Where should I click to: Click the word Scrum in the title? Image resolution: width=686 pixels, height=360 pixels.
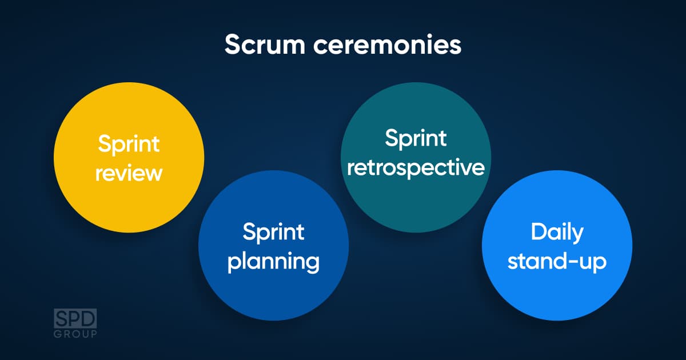[x=265, y=45]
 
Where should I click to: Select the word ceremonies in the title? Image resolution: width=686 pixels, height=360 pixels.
[x=387, y=45]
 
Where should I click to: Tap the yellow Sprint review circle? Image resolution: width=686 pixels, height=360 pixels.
[x=129, y=157]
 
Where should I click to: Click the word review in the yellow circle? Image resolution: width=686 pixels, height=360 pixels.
[x=129, y=174]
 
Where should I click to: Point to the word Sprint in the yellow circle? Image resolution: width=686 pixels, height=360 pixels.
[x=129, y=145]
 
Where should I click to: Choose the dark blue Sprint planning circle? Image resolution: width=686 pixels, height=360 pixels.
[x=273, y=246]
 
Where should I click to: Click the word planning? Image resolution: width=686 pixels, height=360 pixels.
[x=273, y=262]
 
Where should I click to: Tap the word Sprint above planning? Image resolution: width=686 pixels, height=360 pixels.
[x=273, y=233]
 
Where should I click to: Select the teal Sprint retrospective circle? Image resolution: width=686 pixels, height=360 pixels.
[x=416, y=157]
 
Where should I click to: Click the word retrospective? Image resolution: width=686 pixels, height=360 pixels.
[x=416, y=168]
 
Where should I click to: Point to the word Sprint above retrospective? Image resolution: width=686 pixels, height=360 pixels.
[x=416, y=139]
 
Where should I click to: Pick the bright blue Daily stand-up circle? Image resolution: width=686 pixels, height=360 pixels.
[x=557, y=246]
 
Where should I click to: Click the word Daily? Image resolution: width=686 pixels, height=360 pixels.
[x=557, y=233]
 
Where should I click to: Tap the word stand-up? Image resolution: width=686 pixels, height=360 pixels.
[x=557, y=261]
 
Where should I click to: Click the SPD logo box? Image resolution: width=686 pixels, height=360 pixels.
[x=75, y=318]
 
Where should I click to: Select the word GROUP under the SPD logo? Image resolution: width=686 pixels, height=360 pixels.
[x=75, y=334]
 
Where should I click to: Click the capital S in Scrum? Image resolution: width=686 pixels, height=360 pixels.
[x=233, y=45]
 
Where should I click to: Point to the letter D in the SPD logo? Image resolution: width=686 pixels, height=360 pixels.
[x=89, y=318]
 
